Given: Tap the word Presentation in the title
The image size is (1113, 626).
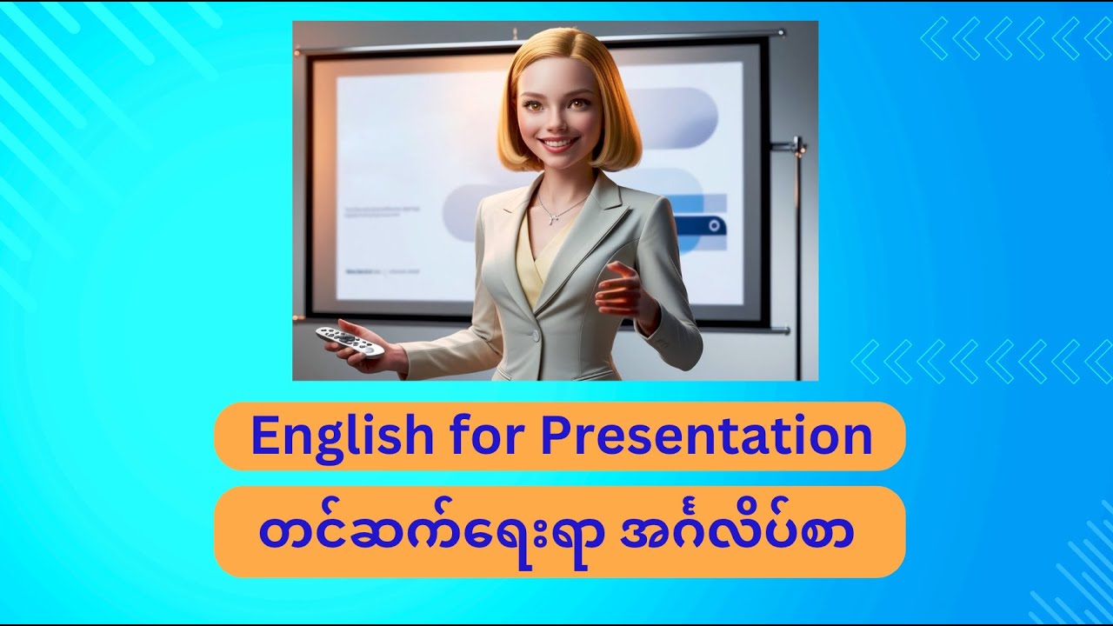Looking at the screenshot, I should [x=705, y=436].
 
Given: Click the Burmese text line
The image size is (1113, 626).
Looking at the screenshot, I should [x=556, y=531].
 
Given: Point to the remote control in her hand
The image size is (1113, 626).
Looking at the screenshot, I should [x=350, y=340].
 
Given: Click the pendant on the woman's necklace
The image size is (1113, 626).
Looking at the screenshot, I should [x=552, y=218].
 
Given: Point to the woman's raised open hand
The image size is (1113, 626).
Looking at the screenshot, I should [x=624, y=292].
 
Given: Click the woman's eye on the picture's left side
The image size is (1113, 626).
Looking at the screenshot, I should [x=531, y=106].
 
